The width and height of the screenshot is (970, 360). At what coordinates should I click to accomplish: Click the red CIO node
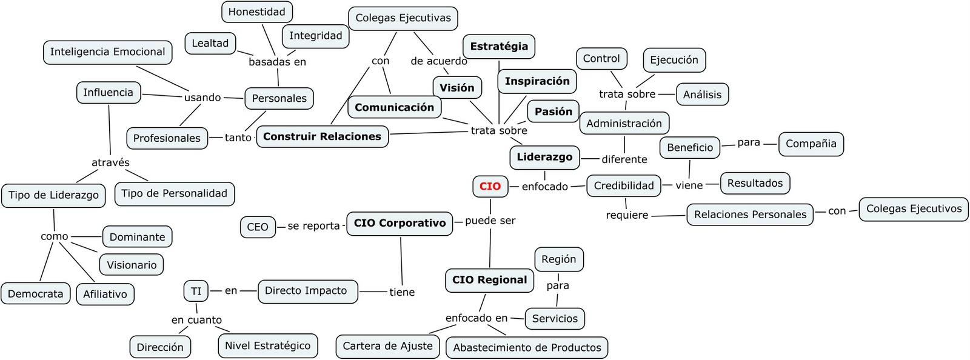[490, 186]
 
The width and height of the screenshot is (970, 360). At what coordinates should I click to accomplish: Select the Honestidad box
[256, 12]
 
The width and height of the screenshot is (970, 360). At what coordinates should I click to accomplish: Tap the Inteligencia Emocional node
[107, 52]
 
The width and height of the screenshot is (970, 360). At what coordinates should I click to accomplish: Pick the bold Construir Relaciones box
[322, 136]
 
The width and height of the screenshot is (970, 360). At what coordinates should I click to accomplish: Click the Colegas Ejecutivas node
[403, 18]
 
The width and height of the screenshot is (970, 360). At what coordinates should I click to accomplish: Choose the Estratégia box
[499, 47]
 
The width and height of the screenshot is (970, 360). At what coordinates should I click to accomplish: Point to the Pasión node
[553, 112]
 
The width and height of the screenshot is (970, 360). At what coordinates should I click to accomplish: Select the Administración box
[624, 123]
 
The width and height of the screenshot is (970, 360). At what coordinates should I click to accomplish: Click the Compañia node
[811, 144]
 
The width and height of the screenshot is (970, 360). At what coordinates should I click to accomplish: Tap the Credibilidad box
[624, 185]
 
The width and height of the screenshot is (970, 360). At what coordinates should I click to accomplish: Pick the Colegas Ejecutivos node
[914, 209]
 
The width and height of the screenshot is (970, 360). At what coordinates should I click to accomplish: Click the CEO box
[257, 227]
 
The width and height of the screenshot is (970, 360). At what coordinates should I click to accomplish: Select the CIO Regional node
[489, 280]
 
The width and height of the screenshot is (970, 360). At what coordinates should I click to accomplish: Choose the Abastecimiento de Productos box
[527, 347]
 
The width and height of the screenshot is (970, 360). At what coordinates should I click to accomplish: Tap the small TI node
[196, 291]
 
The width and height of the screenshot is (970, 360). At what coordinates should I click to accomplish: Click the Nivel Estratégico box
[267, 345]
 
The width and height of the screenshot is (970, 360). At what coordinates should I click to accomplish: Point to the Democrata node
[35, 294]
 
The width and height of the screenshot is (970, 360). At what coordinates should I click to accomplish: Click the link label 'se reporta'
[313, 225]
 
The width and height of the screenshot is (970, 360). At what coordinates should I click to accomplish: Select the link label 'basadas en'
[277, 62]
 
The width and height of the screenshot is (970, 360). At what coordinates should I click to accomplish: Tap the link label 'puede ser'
[490, 221]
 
